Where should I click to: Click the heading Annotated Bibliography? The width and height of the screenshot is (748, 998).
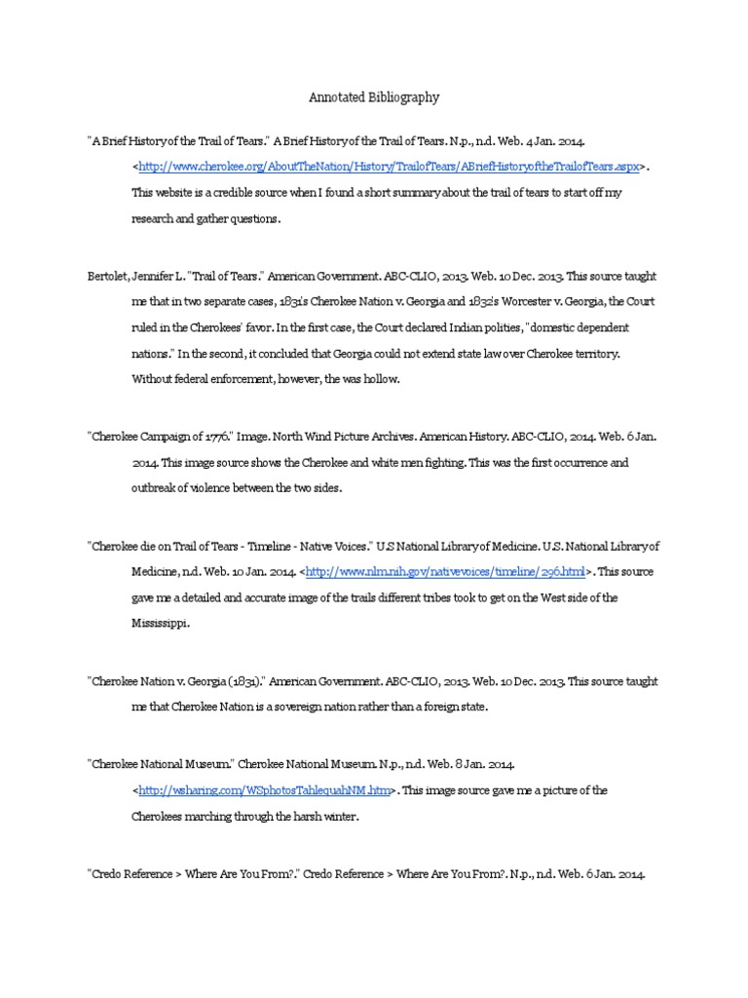coord(374,97)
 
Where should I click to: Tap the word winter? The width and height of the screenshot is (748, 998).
coord(341,817)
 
